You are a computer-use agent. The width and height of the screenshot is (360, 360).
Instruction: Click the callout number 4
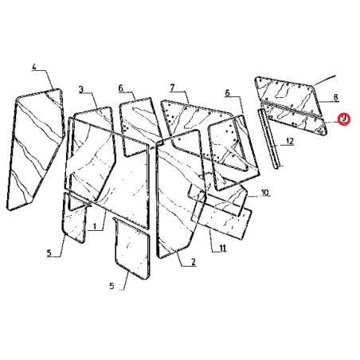(x=34, y=67)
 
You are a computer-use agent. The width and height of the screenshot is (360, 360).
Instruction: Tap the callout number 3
(x=81, y=89)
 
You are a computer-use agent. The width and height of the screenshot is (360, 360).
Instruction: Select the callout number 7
(x=172, y=88)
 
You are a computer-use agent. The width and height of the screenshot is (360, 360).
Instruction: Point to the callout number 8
(x=335, y=97)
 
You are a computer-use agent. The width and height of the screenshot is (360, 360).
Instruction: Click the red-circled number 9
(x=344, y=119)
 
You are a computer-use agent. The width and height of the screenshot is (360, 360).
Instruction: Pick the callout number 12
(x=290, y=141)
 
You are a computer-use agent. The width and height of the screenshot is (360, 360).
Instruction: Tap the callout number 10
(x=264, y=192)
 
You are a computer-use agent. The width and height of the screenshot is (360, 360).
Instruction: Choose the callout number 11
(x=222, y=248)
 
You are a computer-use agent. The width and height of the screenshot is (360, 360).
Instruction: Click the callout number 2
(x=193, y=262)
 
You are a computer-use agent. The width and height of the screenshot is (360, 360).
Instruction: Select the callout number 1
(x=94, y=226)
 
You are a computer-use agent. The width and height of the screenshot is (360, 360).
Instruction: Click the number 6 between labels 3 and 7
(x=121, y=88)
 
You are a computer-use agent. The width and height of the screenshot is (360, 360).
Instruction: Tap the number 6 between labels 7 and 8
(x=227, y=93)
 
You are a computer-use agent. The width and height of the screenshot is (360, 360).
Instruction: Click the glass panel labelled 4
(x=36, y=149)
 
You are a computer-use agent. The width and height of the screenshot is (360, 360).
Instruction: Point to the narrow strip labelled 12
(x=268, y=138)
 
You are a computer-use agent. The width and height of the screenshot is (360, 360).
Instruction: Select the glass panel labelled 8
(x=288, y=96)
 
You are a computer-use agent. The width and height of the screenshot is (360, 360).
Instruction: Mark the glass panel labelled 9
(x=296, y=121)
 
